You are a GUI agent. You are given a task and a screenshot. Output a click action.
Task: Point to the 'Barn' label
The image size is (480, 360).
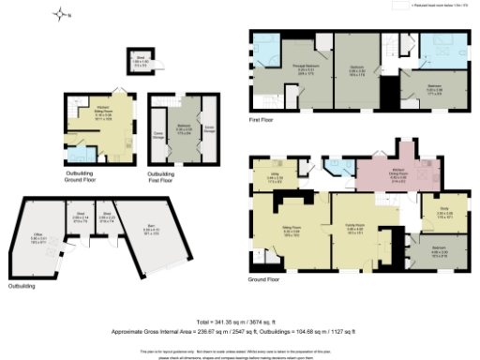[151, 230]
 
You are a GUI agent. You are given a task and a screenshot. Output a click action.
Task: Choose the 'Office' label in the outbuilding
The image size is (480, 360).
[38, 238]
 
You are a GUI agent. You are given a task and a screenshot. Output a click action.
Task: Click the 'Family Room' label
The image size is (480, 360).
[354, 230]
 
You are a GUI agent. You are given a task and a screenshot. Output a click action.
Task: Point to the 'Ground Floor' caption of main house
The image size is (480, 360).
[265, 278]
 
